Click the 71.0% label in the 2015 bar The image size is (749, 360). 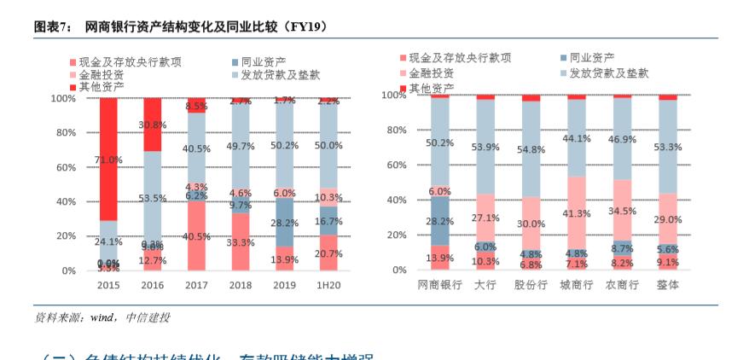tap(108, 160)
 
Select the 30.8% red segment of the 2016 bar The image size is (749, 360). tap(152, 125)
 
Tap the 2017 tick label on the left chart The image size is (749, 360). tap(196, 284)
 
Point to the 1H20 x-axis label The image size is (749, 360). tap(328, 284)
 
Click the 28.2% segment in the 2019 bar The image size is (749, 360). tap(284, 223)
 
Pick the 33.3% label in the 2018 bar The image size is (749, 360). tap(241, 242)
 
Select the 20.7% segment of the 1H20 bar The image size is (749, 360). tap(328, 253)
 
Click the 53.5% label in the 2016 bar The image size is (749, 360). tap(152, 198)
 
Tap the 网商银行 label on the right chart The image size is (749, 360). tap(439, 285)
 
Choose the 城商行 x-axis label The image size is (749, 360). tap(577, 285)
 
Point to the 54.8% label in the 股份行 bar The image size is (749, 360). tap(531, 149)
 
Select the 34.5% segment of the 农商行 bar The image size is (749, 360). tap(622, 210)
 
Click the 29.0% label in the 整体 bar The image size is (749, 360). tap(668, 220)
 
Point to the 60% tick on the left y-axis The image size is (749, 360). tap(64, 167)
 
